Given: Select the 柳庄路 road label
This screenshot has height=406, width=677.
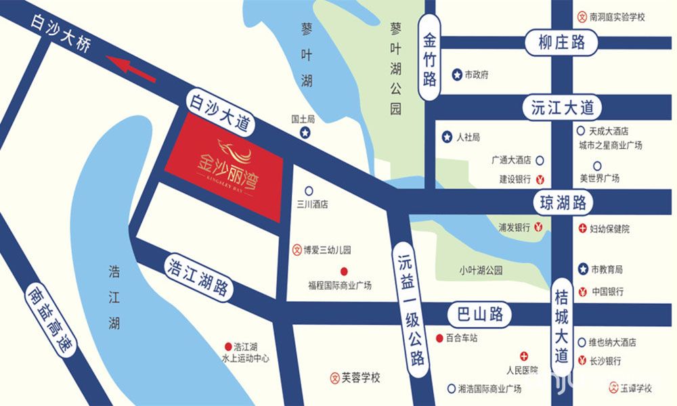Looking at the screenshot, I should (x=562, y=43).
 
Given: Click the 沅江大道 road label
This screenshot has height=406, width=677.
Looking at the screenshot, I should (x=561, y=108).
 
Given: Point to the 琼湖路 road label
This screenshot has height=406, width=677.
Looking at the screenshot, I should (x=563, y=202).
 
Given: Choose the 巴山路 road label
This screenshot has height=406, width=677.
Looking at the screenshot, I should (x=477, y=314).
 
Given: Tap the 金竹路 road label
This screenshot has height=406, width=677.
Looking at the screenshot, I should (x=431, y=58).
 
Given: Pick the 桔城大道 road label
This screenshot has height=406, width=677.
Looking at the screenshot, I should (x=562, y=324).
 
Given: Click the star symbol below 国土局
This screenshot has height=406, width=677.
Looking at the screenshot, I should (x=305, y=133).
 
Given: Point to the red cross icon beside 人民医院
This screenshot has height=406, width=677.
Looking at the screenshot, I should (x=523, y=357).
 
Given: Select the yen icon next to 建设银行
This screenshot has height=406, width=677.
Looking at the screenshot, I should (x=540, y=179).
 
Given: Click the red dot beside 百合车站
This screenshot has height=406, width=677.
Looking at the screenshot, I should (x=439, y=338).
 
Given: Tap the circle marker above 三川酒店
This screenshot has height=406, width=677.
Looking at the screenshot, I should (x=309, y=191).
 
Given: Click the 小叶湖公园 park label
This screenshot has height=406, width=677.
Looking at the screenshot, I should (x=481, y=270).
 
